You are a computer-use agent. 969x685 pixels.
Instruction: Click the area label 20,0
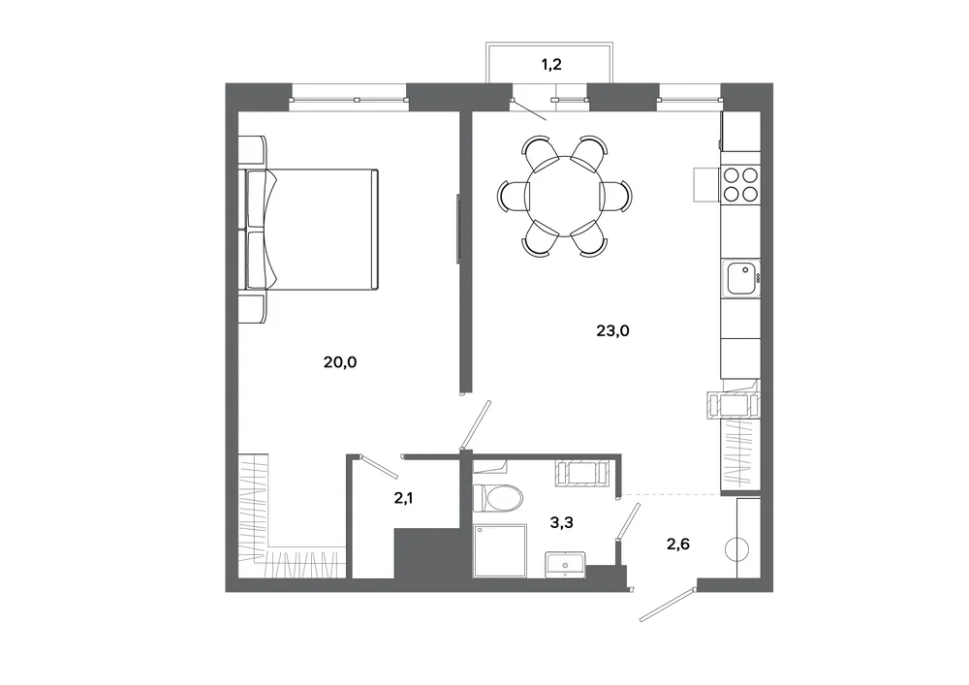(x=340, y=362)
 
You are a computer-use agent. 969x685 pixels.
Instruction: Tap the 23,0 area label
(x=612, y=330)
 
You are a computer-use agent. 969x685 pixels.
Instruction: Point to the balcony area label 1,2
(x=551, y=64)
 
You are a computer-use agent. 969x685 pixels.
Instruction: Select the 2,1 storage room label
(x=403, y=497)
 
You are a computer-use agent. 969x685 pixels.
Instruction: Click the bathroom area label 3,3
(x=562, y=522)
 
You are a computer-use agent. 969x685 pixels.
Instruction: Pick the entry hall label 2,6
(x=678, y=544)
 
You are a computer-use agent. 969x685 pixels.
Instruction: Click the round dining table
(x=563, y=196)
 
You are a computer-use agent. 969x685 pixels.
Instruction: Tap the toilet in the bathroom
(x=497, y=498)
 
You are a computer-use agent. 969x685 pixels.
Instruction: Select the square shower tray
(x=500, y=550)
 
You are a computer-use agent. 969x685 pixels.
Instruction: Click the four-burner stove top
(x=741, y=185)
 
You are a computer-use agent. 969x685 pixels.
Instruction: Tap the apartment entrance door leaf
(x=668, y=604)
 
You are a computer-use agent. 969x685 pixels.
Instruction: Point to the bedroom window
(x=349, y=99)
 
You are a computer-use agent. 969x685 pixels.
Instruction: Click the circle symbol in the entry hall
(x=736, y=549)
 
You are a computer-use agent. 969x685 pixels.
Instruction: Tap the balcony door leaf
(x=529, y=109)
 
